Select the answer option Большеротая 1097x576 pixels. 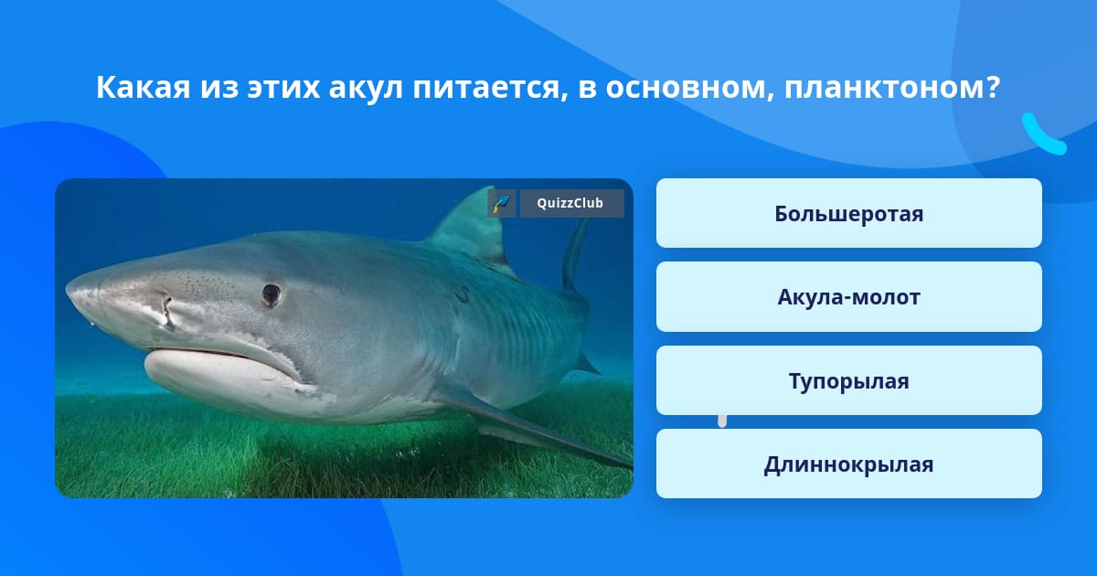click(x=848, y=214)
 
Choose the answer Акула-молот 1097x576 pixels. click(x=848, y=297)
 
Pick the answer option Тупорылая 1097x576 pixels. click(x=848, y=381)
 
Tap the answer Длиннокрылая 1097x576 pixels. click(x=848, y=464)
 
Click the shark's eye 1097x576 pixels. click(x=271, y=293)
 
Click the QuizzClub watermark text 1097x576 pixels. click(x=571, y=204)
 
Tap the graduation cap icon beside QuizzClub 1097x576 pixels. click(x=501, y=204)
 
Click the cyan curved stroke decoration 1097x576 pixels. click(x=1042, y=135)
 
